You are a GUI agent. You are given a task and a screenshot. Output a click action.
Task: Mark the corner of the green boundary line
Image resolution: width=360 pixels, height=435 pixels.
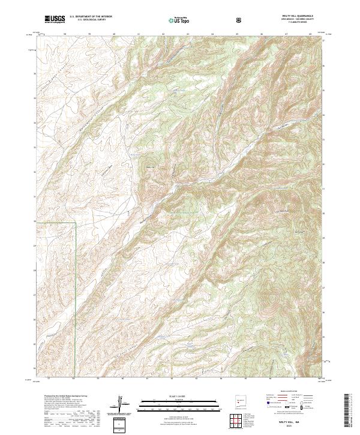click(74, 223)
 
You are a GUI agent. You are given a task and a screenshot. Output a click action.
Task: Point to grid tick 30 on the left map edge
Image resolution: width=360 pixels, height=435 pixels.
click(35, 221)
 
